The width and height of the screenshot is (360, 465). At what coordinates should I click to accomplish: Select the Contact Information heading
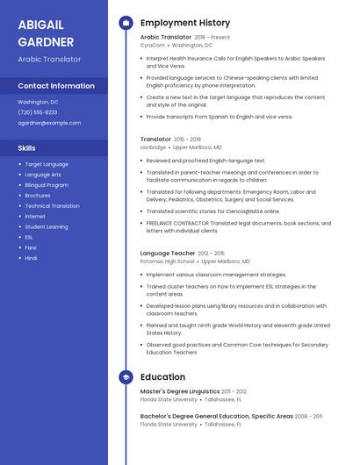[x=56, y=86]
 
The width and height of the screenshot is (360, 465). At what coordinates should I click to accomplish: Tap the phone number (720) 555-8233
[x=38, y=112]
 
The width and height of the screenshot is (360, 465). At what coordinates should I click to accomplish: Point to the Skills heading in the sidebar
[x=27, y=148]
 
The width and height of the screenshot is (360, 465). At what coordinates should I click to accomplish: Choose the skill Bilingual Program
[x=47, y=185]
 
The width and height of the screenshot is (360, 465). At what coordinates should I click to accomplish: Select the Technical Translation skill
[x=52, y=205]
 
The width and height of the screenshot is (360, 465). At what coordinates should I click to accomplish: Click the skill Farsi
[x=31, y=247]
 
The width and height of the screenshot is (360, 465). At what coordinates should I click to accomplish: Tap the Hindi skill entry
[x=31, y=258]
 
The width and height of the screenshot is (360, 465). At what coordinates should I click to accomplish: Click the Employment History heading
[x=185, y=23]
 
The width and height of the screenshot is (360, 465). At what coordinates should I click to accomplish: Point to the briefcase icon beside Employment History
[x=126, y=23]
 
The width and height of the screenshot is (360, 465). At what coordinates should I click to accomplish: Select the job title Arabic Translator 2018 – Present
[x=185, y=38]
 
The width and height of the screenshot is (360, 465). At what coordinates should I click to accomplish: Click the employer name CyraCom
[x=153, y=45]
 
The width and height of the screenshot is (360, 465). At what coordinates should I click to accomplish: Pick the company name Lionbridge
[x=153, y=147]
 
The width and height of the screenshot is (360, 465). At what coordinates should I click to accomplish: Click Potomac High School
[x=168, y=261]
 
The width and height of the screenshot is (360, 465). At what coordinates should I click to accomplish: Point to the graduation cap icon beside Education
[x=126, y=376]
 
